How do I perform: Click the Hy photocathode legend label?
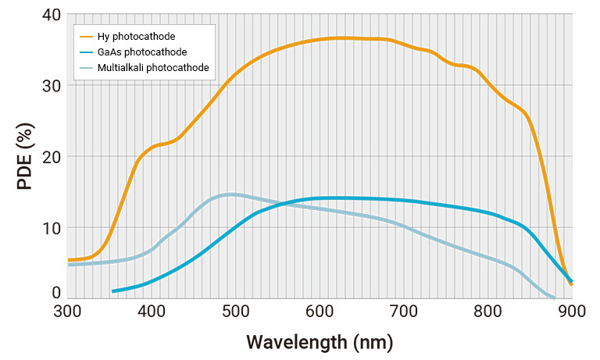point(136,37)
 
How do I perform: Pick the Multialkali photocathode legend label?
point(153,68)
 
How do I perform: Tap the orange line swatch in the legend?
point(85,37)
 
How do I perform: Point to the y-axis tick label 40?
point(51,15)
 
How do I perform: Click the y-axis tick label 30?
point(51,86)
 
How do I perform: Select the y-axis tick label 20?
point(51,157)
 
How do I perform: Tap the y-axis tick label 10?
point(51,228)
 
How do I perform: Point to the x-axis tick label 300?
point(69,311)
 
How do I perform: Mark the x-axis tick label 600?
point(320,311)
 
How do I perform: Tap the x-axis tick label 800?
point(488,311)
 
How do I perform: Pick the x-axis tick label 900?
point(571,311)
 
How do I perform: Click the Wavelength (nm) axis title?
point(320,342)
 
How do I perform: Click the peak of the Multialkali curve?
point(230,194)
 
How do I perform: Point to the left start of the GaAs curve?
point(114,291)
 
